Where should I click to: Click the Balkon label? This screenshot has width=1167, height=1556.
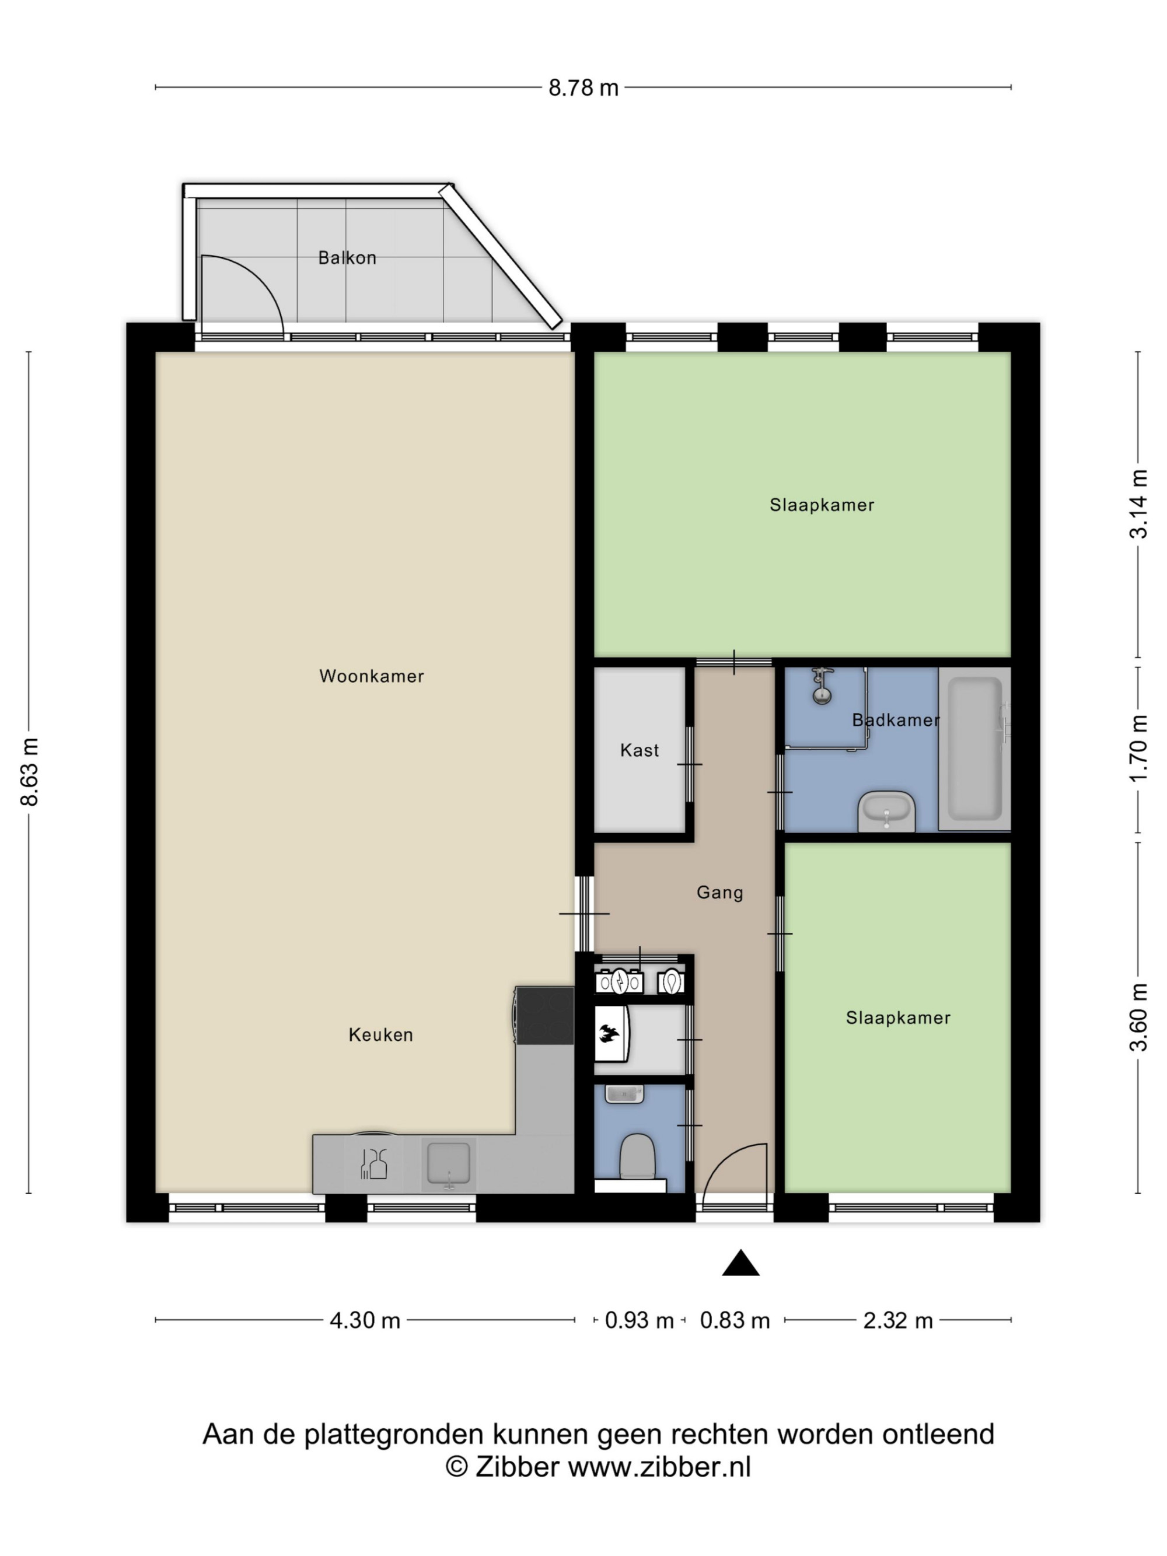coord(347,258)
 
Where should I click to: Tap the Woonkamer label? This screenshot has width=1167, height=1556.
coord(372,676)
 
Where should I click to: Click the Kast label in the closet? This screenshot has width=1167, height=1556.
coord(640,750)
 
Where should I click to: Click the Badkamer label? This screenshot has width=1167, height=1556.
coord(896,719)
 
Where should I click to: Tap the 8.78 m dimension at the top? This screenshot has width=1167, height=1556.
coord(583,88)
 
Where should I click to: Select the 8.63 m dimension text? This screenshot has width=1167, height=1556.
coord(30,772)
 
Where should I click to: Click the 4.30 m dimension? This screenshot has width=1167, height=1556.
coord(364,1320)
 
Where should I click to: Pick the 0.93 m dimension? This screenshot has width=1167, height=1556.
coord(639,1320)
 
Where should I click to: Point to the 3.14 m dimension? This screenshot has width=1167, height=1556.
coord(1138,504)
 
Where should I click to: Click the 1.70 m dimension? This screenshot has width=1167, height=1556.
coord(1138,748)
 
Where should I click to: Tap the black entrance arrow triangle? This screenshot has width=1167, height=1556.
coord(740,1264)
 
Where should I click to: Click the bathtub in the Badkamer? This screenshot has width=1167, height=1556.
coord(974,749)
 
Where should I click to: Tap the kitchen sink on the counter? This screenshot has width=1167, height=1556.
coord(449,1164)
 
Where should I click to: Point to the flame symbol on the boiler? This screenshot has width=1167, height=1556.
coord(609,1034)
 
